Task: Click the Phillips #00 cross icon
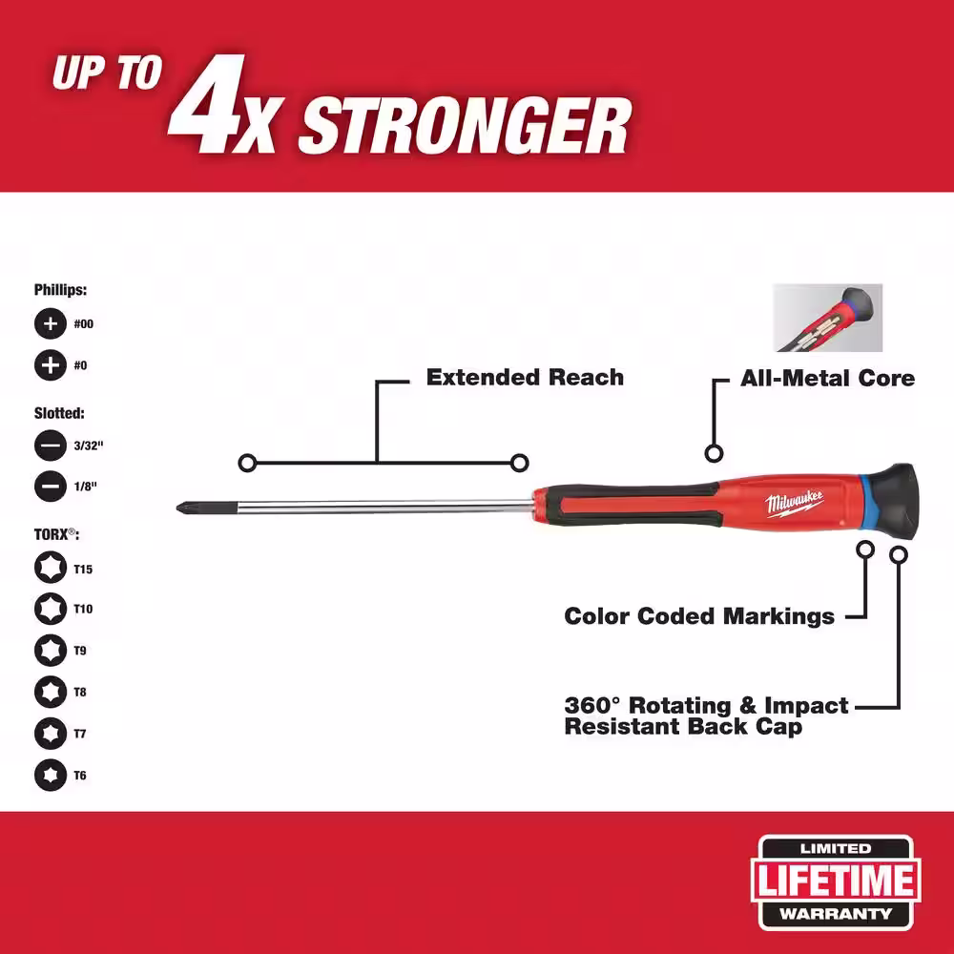coord(51,323)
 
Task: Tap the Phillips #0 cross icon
coord(51,365)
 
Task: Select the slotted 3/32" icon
coord(51,446)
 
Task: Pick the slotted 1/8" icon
coord(51,487)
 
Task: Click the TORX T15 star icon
coord(51,568)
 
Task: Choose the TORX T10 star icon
coord(51,609)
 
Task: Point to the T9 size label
coord(80,651)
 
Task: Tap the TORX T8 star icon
coord(51,692)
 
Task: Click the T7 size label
coord(80,734)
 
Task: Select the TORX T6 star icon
coord(51,775)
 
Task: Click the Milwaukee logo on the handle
coord(795,503)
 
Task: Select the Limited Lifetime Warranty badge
coord(836,881)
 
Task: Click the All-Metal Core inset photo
coord(827,318)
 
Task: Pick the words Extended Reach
coord(525,377)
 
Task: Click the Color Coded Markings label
coord(699,615)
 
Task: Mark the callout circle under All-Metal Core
coord(714,453)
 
